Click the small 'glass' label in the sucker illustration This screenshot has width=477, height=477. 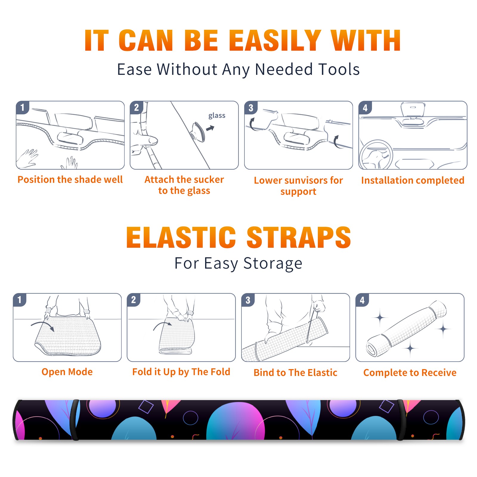217,116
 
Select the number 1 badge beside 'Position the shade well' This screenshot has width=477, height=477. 23,107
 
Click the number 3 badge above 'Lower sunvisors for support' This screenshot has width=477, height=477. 251,108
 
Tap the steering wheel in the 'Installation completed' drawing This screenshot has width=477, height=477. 376,155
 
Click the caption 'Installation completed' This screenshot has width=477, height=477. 413,180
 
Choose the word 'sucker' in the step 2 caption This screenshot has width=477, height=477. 207,179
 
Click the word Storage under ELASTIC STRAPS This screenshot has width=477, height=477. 273,264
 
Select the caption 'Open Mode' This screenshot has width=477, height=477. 67,372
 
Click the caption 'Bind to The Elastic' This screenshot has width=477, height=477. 295,373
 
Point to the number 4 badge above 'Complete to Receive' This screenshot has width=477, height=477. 362,300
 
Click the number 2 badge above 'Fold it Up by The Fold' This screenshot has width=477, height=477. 134,300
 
